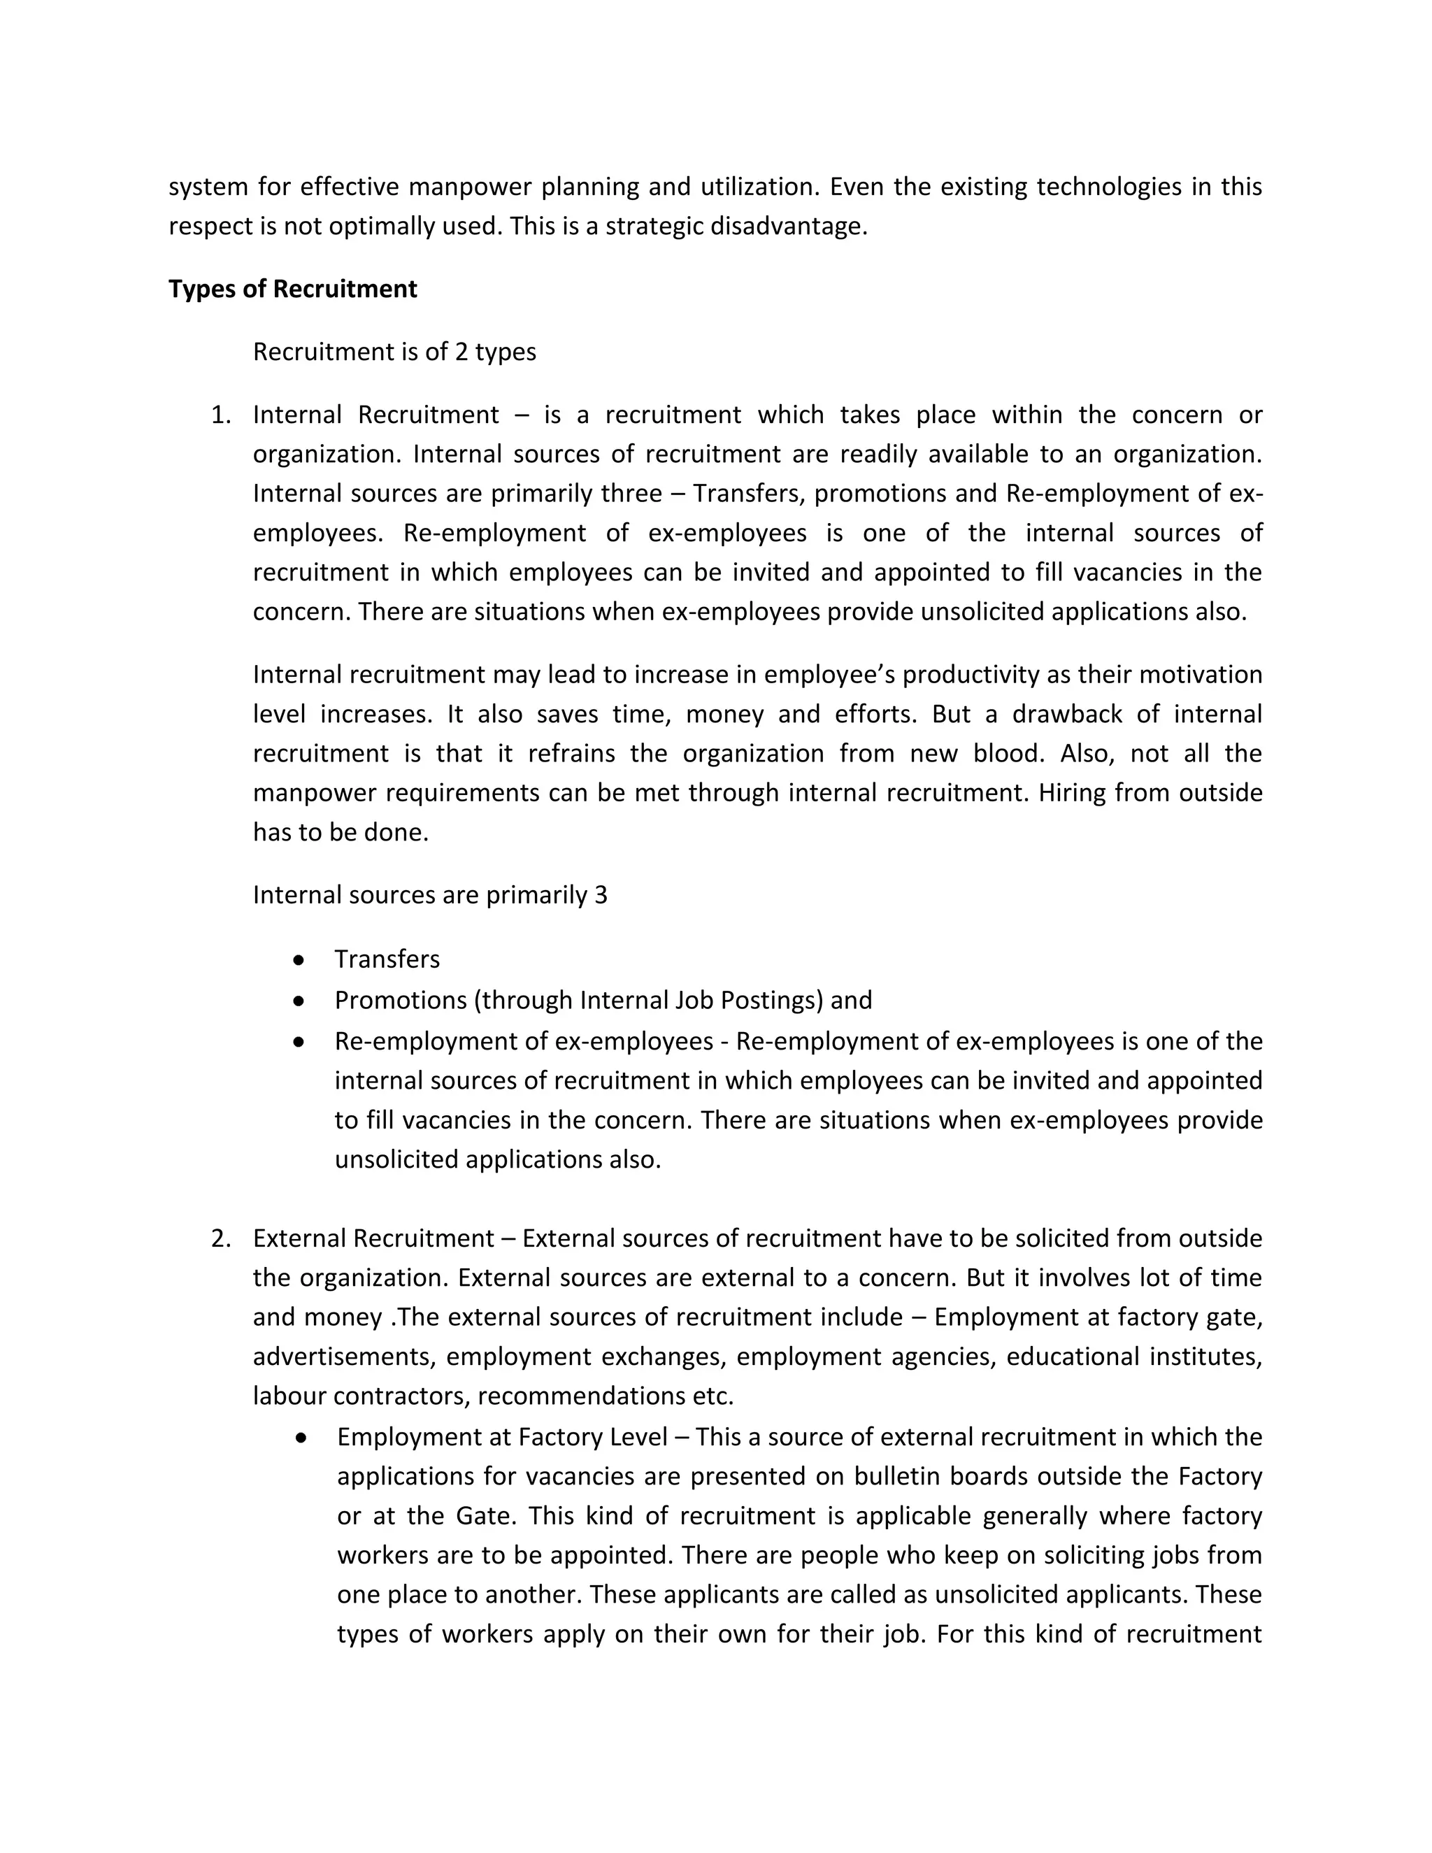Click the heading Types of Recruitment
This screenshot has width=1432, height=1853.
coord(293,289)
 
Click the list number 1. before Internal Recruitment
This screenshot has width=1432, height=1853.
coord(220,415)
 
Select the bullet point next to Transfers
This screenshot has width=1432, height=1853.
coord(298,959)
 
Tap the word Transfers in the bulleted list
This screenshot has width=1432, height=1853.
coord(387,959)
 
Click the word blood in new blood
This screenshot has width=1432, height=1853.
coord(1008,753)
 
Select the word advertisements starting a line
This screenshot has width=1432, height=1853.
coord(343,1357)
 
